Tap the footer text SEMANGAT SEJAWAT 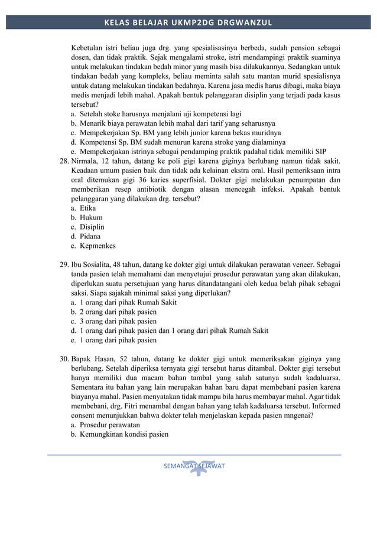(194, 466)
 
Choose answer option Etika (87, 208)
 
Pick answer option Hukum (91, 218)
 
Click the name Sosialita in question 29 (102, 265)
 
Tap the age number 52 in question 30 (124, 359)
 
